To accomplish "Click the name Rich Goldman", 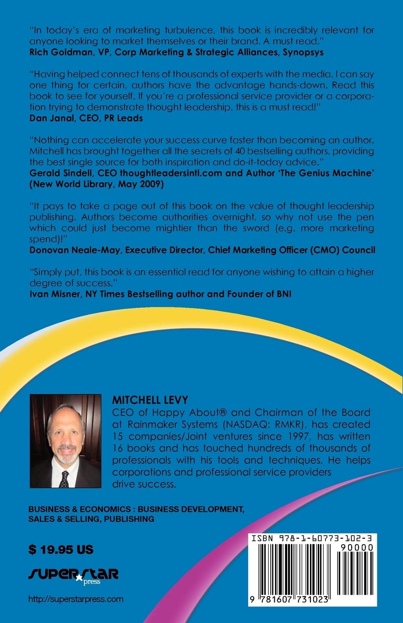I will pyautogui.click(x=57, y=52).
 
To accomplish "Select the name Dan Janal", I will pyautogui.click(x=48, y=118).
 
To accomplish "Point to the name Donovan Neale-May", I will pyautogui.click(x=70, y=250).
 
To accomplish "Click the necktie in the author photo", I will pyautogui.click(x=65, y=478).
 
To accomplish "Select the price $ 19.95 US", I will pyautogui.click(x=60, y=549).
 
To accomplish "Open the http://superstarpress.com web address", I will pyautogui.click(x=76, y=599).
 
